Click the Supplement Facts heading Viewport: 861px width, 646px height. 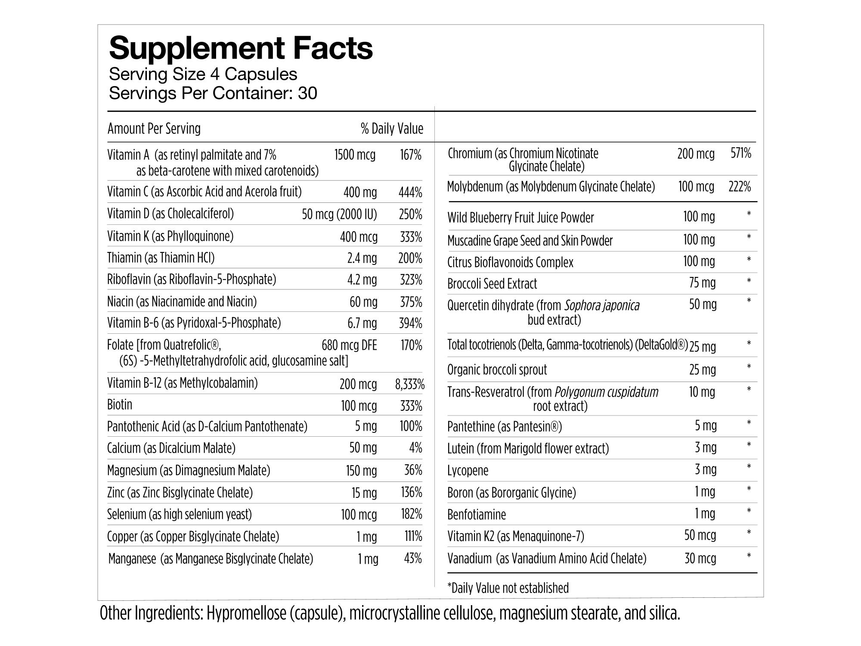coord(241,48)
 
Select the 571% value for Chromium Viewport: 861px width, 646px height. coord(740,153)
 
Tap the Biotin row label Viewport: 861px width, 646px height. coord(120,405)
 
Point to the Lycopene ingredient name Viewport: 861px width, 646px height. coord(468,470)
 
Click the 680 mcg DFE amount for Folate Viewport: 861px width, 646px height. coord(349,345)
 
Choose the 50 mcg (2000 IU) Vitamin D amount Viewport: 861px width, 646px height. coord(339,214)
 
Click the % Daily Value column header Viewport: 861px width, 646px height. coord(392,128)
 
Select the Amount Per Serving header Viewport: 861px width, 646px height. coord(154,128)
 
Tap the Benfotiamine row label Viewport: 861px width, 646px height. coord(477,514)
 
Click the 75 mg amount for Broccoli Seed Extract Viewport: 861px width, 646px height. coord(702,283)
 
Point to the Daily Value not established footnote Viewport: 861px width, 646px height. coord(508,588)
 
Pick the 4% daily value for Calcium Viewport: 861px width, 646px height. coord(415,448)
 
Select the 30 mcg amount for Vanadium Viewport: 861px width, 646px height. coord(700,559)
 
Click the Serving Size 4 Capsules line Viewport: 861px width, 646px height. coord(203,74)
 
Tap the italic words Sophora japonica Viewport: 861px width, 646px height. coord(601,306)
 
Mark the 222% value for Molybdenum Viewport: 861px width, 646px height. coord(740,186)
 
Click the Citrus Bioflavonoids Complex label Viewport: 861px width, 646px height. coord(510,262)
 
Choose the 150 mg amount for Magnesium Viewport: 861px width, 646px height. coord(361,471)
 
